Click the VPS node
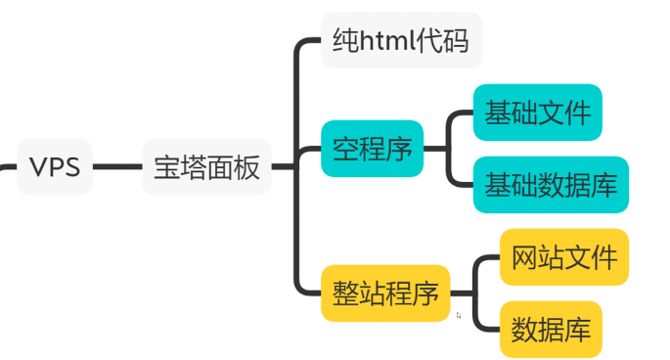tap(55, 167)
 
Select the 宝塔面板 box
tap(206, 167)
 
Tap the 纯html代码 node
tap(401, 41)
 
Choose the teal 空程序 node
tap(372, 150)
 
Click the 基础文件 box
tap(537, 112)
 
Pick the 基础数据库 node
tap(551, 184)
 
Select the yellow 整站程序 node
tap(385, 292)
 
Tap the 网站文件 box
tap(564, 257)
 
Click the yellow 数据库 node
tap(551, 330)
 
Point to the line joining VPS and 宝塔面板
tap(117, 167)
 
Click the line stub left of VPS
tap(7, 167)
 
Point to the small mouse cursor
tap(459, 315)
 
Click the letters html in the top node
tap(386, 41)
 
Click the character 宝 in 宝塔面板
tap(166, 167)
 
